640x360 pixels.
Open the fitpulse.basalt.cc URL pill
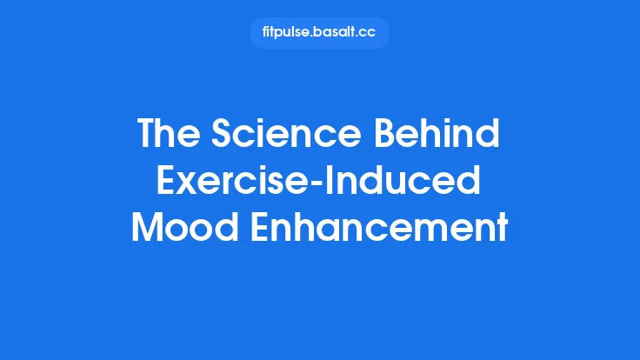pyautogui.click(x=319, y=33)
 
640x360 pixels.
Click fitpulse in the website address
pyautogui.click(x=286, y=33)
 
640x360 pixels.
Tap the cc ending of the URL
pyautogui.click(x=370, y=33)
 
